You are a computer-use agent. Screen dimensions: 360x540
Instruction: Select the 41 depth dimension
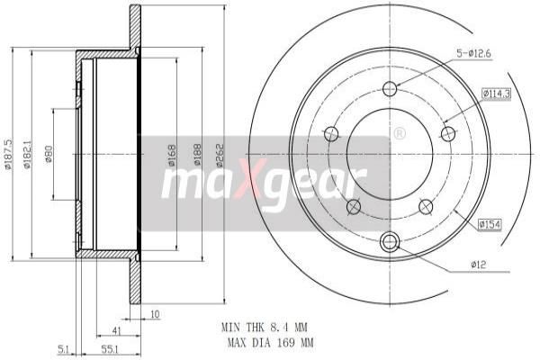coord(117,329)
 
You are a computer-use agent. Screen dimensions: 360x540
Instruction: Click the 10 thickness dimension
coord(154,314)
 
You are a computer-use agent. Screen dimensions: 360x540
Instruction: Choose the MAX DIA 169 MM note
coord(267,343)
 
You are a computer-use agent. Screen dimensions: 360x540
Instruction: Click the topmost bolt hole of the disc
coord(390,88)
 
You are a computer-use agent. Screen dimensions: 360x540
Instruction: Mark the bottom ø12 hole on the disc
coord(390,241)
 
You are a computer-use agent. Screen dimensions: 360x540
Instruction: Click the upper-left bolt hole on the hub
coord(330,134)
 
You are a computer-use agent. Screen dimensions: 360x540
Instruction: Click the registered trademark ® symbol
coord(399,133)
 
